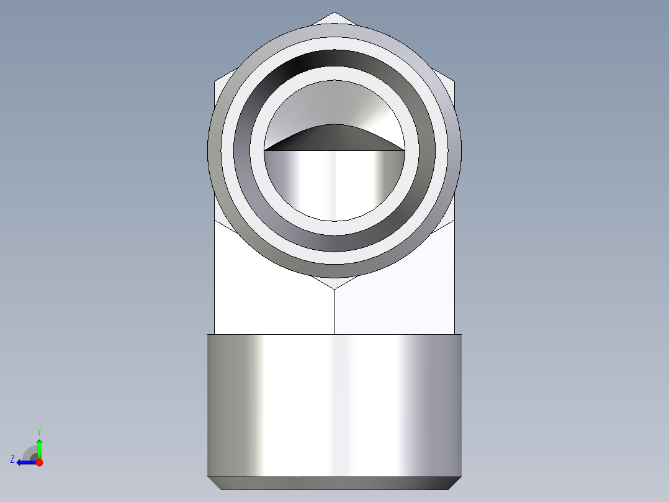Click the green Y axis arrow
coord(39,447)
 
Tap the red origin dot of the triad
coord(39,462)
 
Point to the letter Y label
coord(39,431)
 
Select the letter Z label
coord(12,459)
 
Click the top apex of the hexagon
coord(334,13)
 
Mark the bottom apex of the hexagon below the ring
coord(334,288)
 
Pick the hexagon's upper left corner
coord(215,81)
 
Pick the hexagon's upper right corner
coord(454,81)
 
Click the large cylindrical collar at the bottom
coord(334,404)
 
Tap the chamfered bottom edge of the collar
coord(334,483)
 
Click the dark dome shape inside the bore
coord(334,138)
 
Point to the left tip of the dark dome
coord(266,150)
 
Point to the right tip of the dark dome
coord(403,150)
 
